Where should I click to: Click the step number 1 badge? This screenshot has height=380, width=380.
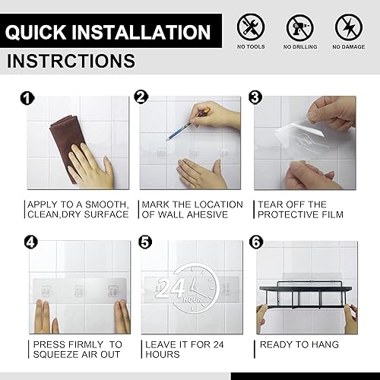click(x=27, y=98)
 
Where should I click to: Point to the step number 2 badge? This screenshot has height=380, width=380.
click(x=141, y=97)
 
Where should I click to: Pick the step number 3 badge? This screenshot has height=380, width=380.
click(x=255, y=97)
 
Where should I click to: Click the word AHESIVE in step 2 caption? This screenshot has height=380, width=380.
click(x=207, y=215)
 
